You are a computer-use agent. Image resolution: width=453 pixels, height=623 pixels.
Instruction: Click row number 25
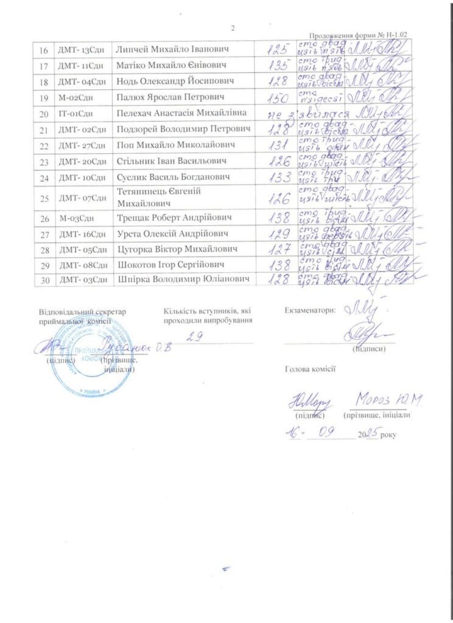[43, 198]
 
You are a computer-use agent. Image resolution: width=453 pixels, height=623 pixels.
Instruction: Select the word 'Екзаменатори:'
[309, 310]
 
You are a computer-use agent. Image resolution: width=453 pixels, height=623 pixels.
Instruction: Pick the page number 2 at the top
[233, 27]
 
